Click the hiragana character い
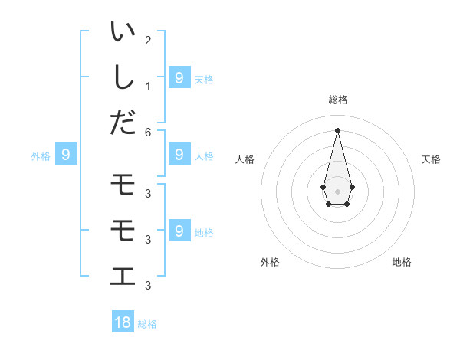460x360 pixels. (123, 33)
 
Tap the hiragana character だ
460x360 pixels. (123, 122)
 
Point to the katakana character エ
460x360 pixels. (123, 275)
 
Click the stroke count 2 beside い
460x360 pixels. (148, 40)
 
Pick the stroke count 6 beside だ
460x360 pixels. (148, 132)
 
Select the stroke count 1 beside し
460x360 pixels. (148, 85)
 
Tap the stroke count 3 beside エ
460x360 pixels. (148, 286)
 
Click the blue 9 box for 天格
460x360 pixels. (179, 77)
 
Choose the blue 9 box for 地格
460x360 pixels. (179, 231)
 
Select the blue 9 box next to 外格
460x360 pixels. (66, 155)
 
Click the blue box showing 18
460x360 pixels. (123, 322)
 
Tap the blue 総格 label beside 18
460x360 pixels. (147, 324)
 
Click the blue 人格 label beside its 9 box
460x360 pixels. (204, 156)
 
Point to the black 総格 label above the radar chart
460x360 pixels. (338, 100)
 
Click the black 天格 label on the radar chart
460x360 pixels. (432, 159)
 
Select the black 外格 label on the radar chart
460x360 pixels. (270, 262)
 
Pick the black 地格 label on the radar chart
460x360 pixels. (402, 262)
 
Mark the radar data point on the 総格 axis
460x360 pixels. (337, 129)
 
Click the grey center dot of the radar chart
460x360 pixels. (337, 190)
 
